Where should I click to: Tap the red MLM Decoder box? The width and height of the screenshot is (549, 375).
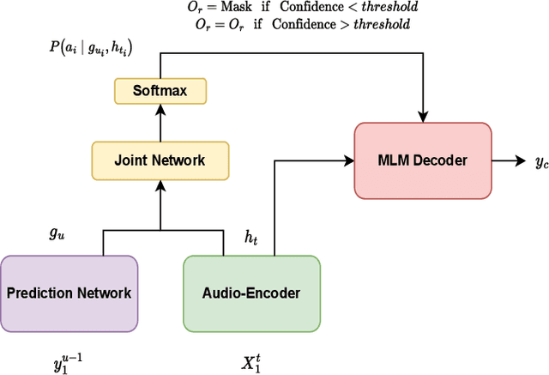coord(423,160)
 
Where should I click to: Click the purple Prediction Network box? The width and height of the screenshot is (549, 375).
coord(69,293)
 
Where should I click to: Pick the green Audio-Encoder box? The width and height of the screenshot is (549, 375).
coord(251,293)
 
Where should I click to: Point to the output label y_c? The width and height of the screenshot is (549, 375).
coord(529,161)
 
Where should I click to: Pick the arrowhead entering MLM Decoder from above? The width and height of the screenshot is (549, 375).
coord(423,117)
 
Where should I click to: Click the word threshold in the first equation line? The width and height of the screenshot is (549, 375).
coord(390,7)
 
